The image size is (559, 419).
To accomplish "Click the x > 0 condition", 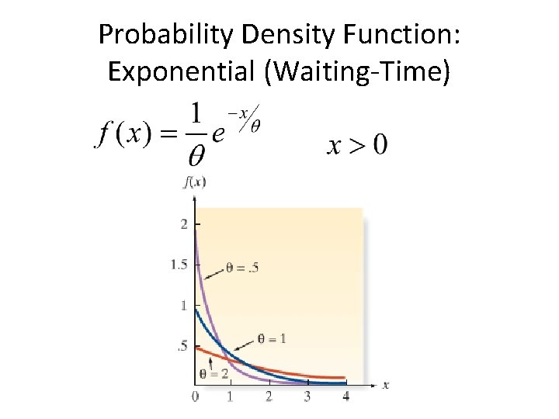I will tap(357, 144).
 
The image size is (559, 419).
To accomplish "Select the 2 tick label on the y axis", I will tap(184, 225).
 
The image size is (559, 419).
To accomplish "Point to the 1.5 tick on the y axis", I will tap(179, 265).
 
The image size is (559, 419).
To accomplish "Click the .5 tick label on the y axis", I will tap(182, 346).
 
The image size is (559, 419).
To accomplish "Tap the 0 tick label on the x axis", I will tap(195, 396).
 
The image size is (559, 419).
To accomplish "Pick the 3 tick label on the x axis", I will tap(307, 396).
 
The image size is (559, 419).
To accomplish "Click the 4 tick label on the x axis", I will tap(345, 396).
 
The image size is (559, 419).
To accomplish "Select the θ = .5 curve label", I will tap(242, 268).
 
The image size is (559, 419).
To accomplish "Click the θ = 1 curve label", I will tap(272, 338).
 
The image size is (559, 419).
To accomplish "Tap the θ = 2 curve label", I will tap(214, 373).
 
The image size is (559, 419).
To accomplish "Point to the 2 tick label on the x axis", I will tap(269, 396).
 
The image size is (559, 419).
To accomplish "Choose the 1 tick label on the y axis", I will tap(184, 306).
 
